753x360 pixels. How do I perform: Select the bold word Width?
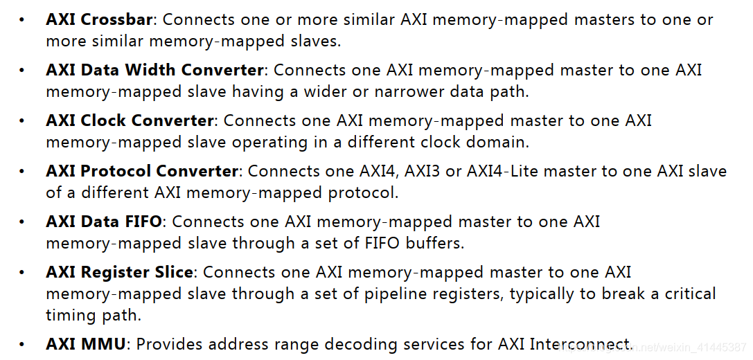tap(150, 70)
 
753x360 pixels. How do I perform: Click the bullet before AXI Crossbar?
tap(22, 20)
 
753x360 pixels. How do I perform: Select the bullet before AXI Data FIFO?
tap(22, 222)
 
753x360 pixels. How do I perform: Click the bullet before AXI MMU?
tap(22, 345)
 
